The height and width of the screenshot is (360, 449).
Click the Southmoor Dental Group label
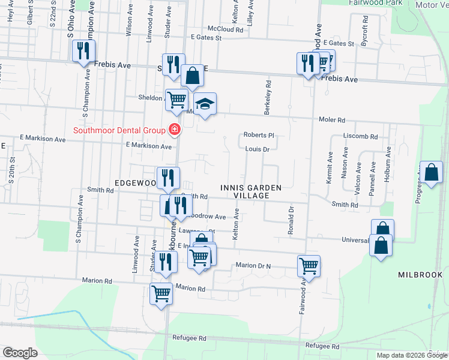click(119, 130)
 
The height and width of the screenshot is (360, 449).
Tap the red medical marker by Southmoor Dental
click(175, 129)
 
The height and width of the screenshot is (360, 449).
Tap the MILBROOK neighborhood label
click(420, 274)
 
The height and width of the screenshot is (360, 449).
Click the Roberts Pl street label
click(258, 135)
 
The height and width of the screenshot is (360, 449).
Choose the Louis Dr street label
click(257, 149)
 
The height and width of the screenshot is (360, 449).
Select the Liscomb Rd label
click(360, 136)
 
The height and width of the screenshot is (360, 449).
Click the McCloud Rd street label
click(226, 29)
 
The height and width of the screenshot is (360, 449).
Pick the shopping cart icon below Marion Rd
click(161, 293)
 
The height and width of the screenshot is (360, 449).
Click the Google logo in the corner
click(20, 353)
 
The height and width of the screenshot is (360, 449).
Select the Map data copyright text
click(411, 355)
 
